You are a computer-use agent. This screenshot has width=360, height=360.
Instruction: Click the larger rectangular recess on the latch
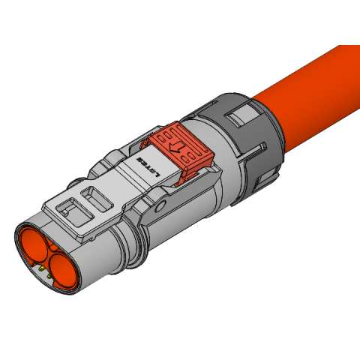click(98, 198)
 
